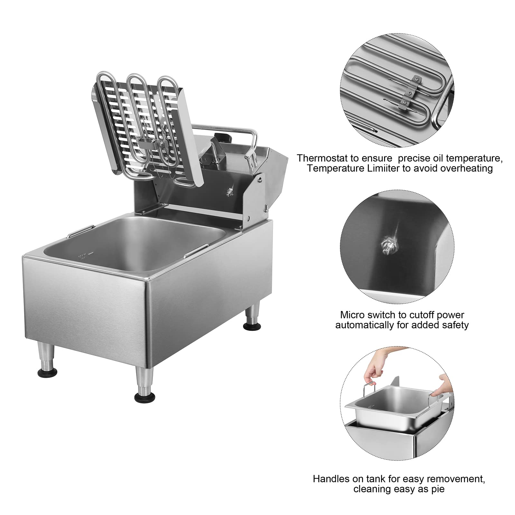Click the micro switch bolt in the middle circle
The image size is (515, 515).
point(385,241)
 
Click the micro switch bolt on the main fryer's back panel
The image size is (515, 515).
point(229,192)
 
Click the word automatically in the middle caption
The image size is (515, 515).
point(363,325)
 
